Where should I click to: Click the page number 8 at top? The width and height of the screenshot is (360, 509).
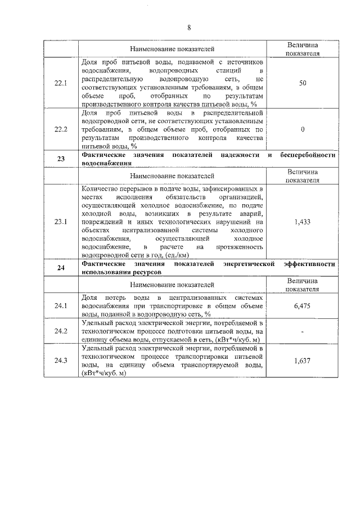(x=189, y=28)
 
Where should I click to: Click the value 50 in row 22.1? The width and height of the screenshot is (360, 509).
(x=303, y=83)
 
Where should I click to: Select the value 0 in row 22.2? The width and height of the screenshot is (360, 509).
(x=303, y=129)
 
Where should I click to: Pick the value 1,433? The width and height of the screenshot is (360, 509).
(x=303, y=222)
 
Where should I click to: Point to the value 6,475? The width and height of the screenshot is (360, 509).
(x=303, y=305)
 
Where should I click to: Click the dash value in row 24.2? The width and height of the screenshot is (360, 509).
(x=303, y=332)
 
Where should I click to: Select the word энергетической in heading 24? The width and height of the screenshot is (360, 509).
(x=247, y=263)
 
